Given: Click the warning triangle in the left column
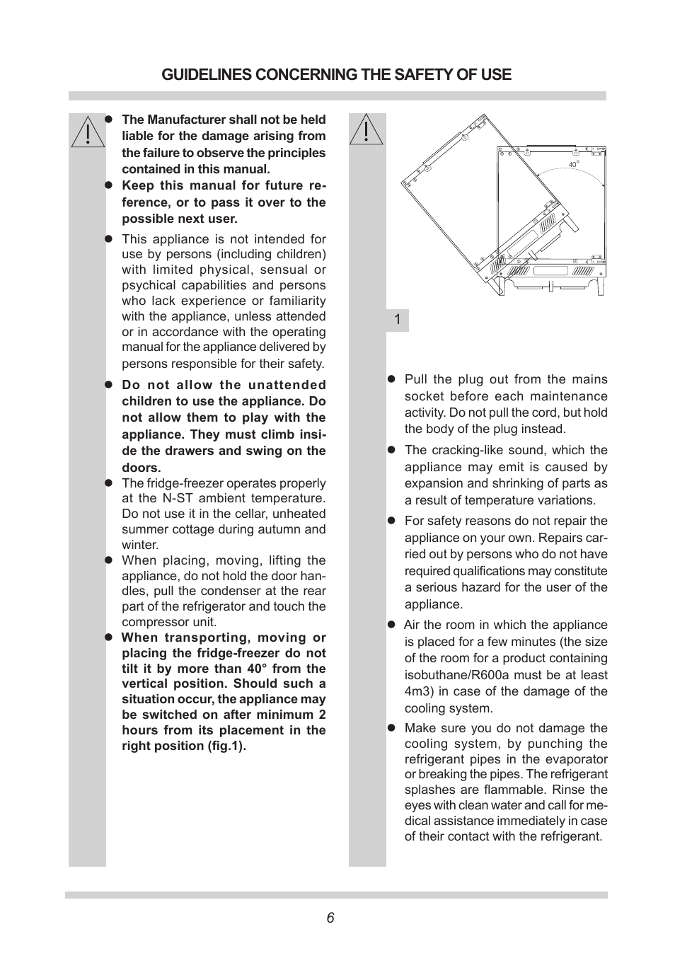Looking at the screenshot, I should [87, 132].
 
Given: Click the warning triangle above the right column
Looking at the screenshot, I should [367, 130].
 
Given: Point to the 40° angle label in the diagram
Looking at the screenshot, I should [574, 164].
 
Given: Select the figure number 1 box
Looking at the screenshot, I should [398, 320].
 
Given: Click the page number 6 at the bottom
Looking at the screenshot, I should [330, 918].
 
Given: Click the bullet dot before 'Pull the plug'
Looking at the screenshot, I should [391, 379].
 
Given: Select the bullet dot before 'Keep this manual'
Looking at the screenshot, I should [109, 185].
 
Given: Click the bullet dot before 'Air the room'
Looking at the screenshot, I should [391, 624].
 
